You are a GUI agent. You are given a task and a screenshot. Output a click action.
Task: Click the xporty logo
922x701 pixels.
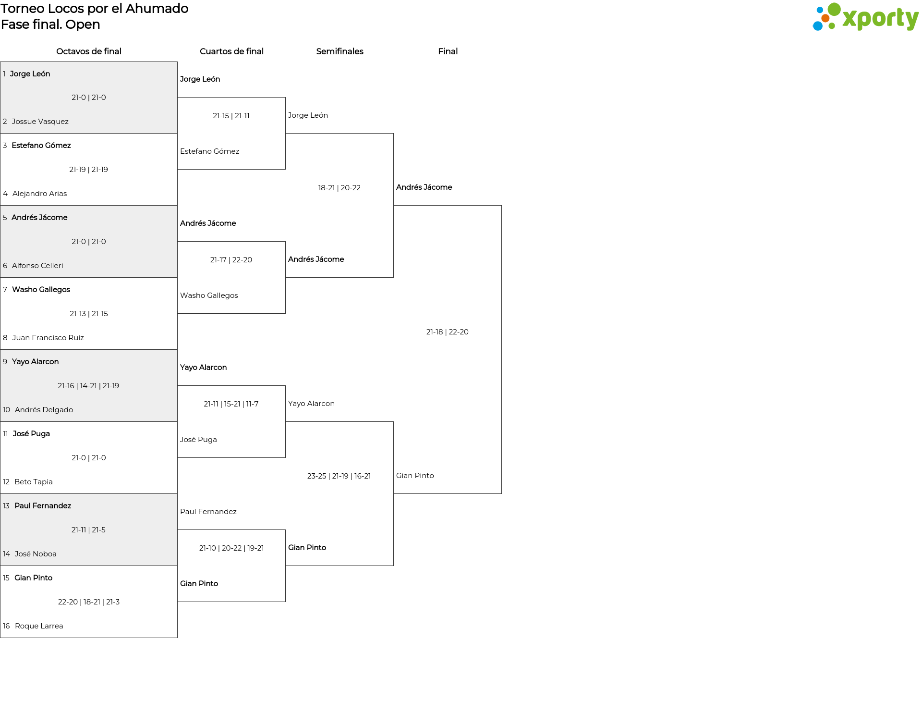click(865, 17)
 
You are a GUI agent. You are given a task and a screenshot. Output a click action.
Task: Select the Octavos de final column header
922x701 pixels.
click(89, 51)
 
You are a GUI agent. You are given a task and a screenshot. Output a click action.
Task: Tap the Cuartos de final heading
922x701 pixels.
click(231, 51)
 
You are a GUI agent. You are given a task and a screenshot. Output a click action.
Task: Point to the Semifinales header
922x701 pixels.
click(340, 51)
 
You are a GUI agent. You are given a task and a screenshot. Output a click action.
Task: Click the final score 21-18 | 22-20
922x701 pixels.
click(448, 332)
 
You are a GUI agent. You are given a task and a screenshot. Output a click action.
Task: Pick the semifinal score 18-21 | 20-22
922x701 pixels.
click(340, 188)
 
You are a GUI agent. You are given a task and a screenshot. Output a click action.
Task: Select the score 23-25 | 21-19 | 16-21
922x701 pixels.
click(339, 476)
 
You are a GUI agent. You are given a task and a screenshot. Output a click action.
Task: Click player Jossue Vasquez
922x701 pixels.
click(40, 122)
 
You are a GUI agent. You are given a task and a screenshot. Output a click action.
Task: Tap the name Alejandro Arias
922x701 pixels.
click(40, 194)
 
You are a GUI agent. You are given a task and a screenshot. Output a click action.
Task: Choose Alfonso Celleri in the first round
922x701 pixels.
click(37, 266)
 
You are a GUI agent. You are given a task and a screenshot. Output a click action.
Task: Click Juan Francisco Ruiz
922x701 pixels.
click(48, 338)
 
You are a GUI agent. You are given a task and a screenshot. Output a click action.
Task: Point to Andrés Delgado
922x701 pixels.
click(44, 410)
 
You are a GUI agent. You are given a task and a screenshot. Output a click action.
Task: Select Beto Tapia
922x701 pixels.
click(34, 482)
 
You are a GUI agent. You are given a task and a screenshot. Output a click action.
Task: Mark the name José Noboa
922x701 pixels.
click(36, 554)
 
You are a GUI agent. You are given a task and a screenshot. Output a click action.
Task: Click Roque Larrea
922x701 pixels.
click(39, 626)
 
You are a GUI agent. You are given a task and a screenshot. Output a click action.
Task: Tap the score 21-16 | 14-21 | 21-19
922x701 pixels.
click(88, 386)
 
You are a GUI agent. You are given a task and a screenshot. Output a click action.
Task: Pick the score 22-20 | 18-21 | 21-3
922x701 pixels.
click(89, 602)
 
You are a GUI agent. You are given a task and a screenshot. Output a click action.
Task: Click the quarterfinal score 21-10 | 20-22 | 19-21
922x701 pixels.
click(231, 548)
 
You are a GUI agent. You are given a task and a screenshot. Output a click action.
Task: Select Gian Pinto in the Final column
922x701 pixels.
click(415, 476)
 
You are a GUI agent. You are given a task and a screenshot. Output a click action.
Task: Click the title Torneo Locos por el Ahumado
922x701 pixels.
click(95, 9)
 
